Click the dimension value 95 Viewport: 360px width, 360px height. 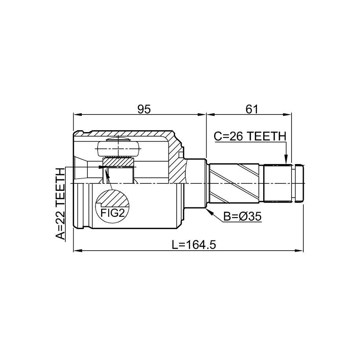coord(144,109)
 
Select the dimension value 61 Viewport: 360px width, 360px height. coord(252,109)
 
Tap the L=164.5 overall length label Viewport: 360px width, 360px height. coord(194,245)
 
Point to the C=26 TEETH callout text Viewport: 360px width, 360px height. coord(250,137)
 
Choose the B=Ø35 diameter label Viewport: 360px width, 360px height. coord(242,216)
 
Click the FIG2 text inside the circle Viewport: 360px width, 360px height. coord(113,213)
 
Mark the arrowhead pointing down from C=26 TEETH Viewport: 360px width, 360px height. coord(286,159)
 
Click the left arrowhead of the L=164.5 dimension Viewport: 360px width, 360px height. coord(78,251)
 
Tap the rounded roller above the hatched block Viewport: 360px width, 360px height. coord(118,149)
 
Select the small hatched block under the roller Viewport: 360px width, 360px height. coord(118,162)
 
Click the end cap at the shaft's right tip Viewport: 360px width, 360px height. coord(299,183)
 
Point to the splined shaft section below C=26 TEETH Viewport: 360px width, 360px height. coord(278,183)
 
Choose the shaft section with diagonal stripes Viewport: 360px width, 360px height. coord(234,183)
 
